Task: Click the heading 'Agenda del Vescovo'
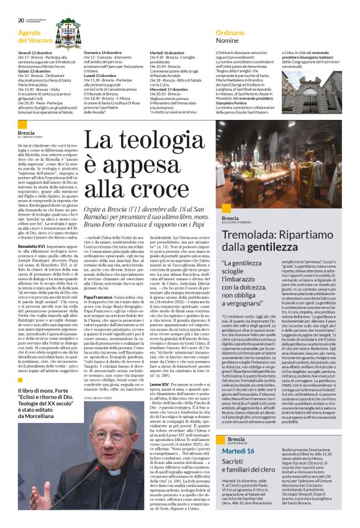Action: tap(38, 37)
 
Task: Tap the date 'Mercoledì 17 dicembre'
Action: tap(166, 89)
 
